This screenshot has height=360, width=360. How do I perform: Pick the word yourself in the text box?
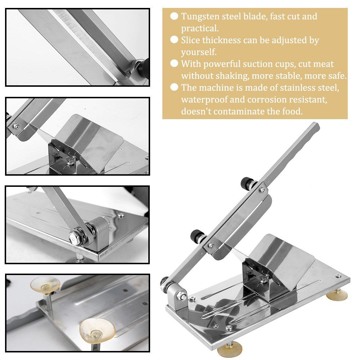199,52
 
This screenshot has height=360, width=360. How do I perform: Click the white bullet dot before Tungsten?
174,16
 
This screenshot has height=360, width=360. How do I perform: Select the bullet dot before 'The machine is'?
174,87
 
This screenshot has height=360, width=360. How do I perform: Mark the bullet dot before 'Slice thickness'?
174,40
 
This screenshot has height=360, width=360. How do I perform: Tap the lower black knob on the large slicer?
197,236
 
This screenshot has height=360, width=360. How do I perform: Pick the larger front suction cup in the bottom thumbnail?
97,330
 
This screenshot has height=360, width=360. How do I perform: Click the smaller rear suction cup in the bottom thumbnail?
45,284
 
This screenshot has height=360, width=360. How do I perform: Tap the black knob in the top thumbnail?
144,66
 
